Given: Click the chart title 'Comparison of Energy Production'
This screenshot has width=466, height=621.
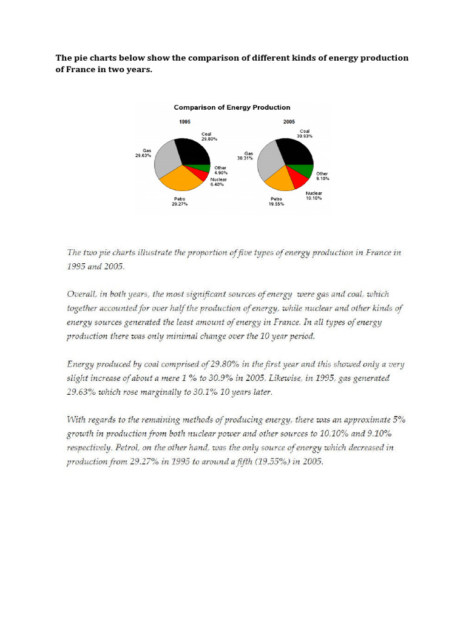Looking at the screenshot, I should click(232, 107).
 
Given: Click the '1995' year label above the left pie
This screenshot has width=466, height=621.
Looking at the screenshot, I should click(185, 122).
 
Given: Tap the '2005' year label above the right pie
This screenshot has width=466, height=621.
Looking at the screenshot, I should click(289, 122).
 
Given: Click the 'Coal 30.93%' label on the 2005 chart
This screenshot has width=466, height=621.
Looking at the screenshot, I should click(305, 134).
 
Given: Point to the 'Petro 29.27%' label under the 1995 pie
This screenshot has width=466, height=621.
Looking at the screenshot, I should click(180, 202).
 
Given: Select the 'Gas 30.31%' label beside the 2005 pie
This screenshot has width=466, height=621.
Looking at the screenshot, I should click(248, 156).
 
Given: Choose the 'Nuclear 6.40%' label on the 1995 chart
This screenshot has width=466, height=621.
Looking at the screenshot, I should click(218, 182).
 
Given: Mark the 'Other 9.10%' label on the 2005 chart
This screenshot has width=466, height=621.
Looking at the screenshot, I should click(322, 176).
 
